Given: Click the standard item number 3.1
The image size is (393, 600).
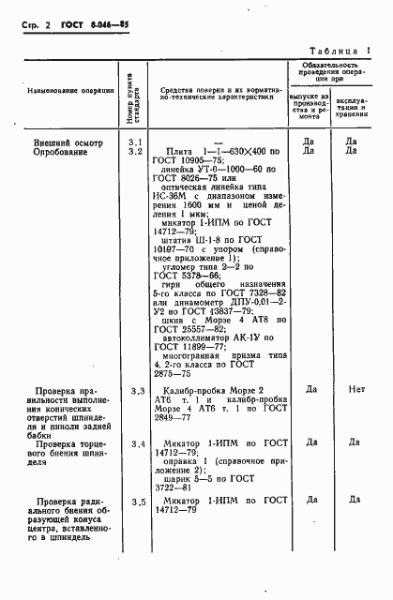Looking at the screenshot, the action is (x=134, y=141).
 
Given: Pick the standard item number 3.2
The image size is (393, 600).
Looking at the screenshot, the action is (x=134, y=150).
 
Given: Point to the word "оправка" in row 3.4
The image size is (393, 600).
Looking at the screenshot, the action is (x=181, y=459).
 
